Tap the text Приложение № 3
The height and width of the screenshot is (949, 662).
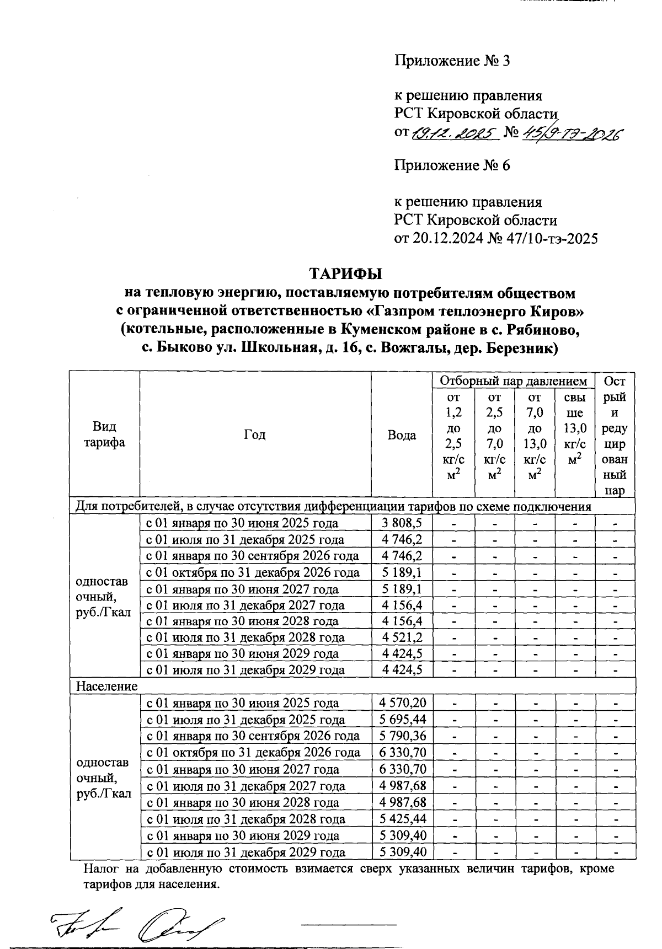pyautogui.click(x=451, y=60)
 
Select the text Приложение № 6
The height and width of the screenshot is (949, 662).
pyautogui.click(x=451, y=165)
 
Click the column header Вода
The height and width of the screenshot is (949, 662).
pyautogui.click(x=401, y=435)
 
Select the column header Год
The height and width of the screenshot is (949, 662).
pyautogui.click(x=254, y=435)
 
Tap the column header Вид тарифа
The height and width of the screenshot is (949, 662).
pyautogui.click(x=105, y=435)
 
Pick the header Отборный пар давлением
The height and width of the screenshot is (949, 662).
pyautogui.click(x=513, y=380)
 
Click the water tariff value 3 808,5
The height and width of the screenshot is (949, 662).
pyautogui.click(x=402, y=523)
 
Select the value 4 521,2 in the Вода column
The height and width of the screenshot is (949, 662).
pyautogui.click(x=402, y=637)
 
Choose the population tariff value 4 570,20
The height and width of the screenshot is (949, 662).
pyautogui.click(x=402, y=703)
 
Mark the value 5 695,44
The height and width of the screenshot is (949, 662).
pyautogui.click(x=402, y=720)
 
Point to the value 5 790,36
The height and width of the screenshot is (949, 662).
pyautogui.click(x=402, y=736)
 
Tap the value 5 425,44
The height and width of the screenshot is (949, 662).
pyautogui.click(x=402, y=819)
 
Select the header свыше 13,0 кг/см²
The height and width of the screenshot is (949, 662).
pyautogui.click(x=575, y=428)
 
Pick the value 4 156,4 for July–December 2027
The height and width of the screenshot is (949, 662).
pyautogui.click(x=402, y=605)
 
